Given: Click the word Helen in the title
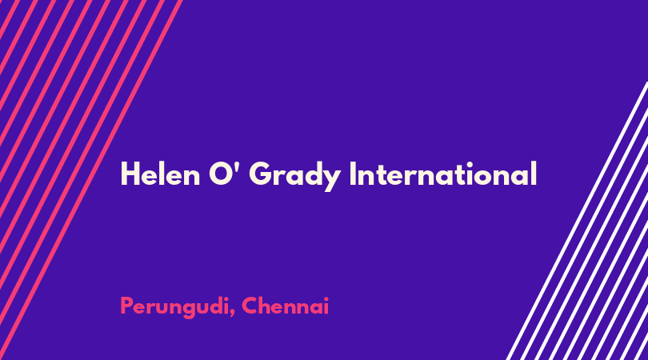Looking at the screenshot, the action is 160,174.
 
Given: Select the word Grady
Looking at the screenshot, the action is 295,176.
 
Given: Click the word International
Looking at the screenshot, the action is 443,174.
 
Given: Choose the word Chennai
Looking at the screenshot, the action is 286,306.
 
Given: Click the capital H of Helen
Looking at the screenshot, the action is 130,174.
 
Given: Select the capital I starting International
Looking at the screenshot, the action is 353,174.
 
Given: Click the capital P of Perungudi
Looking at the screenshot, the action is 127,306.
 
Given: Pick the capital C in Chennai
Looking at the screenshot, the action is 251,306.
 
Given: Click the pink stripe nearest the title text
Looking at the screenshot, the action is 91,180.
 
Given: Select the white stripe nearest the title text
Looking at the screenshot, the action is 578,221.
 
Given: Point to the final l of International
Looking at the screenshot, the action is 534,174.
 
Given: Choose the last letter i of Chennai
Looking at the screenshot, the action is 326,306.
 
